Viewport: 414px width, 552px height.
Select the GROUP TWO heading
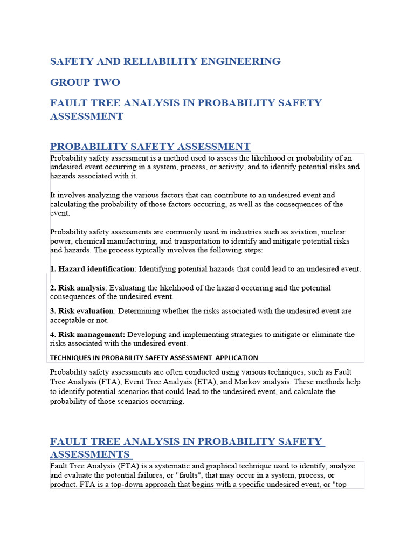click(x=85, y=82)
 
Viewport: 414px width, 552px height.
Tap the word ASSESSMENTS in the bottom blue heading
click(x=90, y=454)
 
